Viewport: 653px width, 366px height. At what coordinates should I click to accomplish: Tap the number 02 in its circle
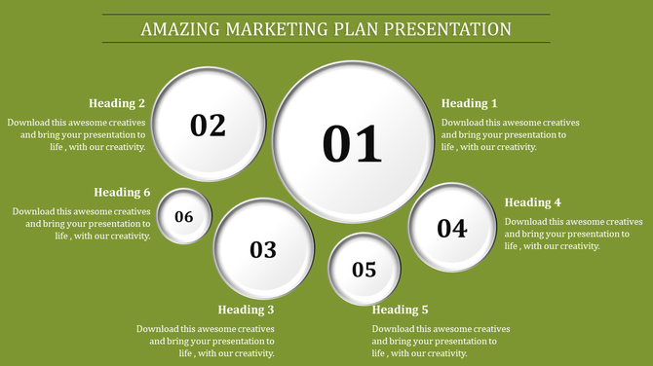pyautogui.click(x=208, y=126)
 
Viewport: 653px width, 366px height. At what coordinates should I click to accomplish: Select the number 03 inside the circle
pyautogui.click(x=263, y=250)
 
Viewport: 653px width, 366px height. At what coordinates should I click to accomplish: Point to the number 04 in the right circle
pyautogui.click(x=451, y=229)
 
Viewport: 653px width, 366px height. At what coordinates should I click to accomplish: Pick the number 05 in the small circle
pyautogui.click(x=364, y=270)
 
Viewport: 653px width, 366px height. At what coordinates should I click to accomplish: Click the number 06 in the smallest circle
pyautogui.click(x=184, y=217)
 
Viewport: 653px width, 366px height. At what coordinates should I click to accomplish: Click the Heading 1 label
pyautogui.click(x=470, y=103)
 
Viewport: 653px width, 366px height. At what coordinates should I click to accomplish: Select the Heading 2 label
pyautogui.click(x=117, y=103)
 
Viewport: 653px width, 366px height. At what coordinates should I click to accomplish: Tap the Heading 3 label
pyautogui.click(x=246, y=310)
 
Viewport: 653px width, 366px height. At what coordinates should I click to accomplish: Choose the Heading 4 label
pyautogui.click(x=533, y=202)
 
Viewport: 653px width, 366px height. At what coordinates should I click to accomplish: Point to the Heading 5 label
pyautogui.click(x=401, y=310)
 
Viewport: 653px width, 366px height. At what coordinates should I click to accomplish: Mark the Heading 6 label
pyautogui.click(x=122, y=192)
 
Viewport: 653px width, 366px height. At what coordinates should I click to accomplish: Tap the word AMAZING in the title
pyautogui.click(x=177, y=29)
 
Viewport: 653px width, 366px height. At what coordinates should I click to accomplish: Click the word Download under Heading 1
pyautogui.click(x=462, y=123)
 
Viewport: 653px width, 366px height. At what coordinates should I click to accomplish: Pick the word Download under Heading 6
pyautogui.click(x=33, y=211)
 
